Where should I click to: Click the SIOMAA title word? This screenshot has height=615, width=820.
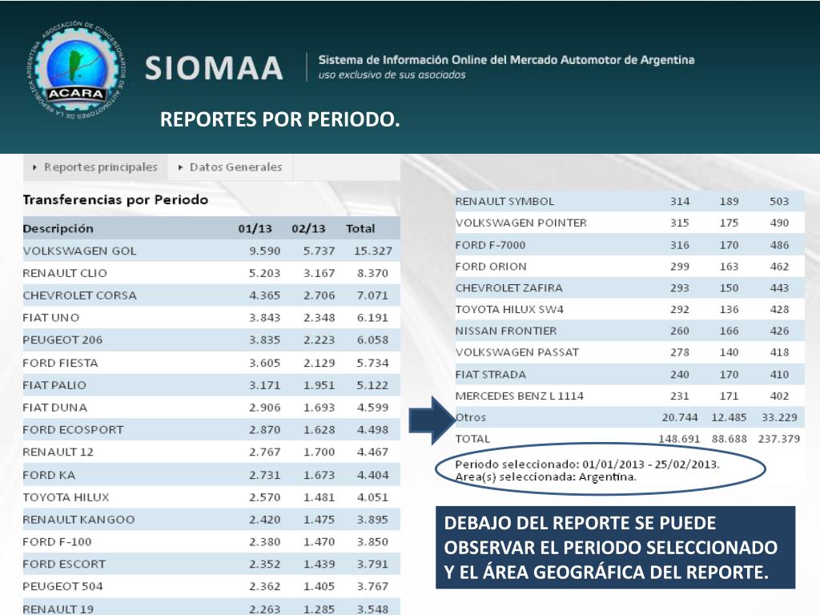pos(214,68)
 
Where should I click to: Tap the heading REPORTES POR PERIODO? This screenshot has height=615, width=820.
pos(279,120)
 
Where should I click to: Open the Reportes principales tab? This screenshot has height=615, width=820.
pos(95,167)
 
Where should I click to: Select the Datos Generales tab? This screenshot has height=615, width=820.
pos(231,167)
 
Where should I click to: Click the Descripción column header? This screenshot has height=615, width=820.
pos(58,228)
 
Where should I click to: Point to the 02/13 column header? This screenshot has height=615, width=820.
pos(308,228)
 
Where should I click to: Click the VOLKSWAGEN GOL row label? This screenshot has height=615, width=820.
pos(79,251)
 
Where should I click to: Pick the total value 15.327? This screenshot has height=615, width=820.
pos(372,251)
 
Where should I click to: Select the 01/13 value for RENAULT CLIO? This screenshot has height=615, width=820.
pos(264,273)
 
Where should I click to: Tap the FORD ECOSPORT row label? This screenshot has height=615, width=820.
pos(73,429)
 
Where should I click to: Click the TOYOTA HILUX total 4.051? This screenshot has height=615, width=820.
pos(372,496)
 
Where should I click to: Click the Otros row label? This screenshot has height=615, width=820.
pos(471,417)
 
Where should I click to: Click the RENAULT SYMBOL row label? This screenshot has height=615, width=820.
pos(504,201)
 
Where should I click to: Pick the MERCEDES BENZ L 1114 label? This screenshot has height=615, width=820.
pos(519,396)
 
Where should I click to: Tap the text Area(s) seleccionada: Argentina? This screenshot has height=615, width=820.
pos(545,476)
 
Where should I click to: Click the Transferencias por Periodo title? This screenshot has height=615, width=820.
pos(115,199)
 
